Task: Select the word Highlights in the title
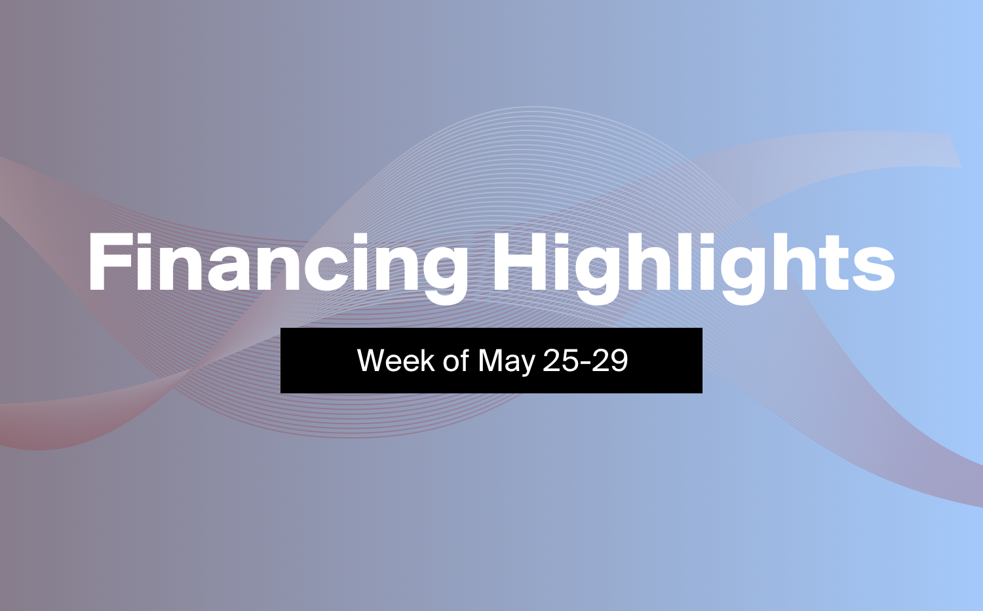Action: (694, 267)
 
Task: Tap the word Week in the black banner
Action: (396, 361)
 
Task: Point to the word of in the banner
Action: (455, 361)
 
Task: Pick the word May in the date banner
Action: (507, 362)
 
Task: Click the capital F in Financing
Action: (109, 262)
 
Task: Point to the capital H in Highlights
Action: (520, 262)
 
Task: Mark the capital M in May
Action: (491, 361)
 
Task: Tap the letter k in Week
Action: (427, 361)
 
